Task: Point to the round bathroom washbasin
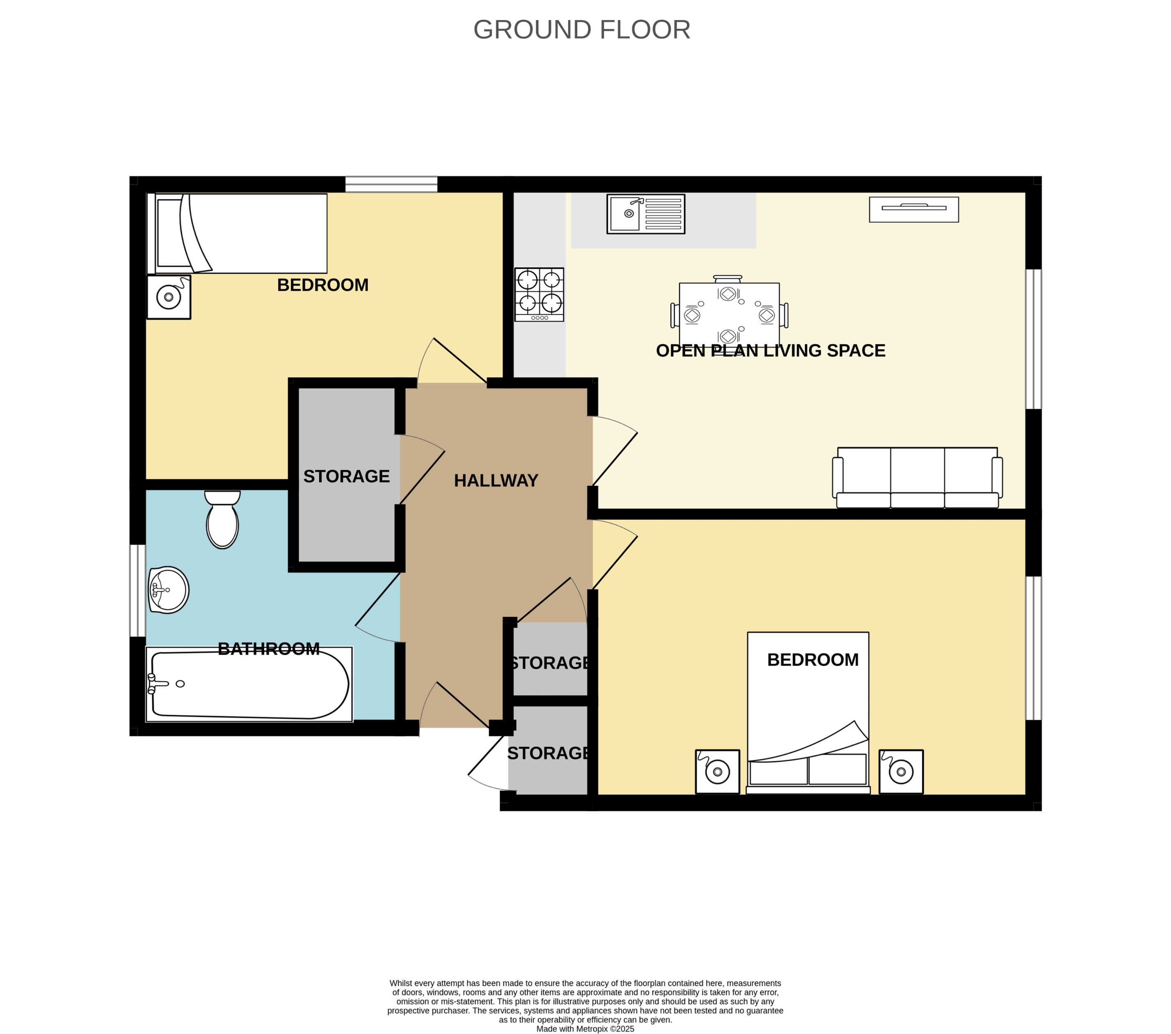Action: click(169, 590)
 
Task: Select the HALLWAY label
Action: click(496, 480)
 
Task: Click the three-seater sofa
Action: click(917, 478)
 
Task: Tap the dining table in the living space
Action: click(728, 313)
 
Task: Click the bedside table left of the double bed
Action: click(717, 772)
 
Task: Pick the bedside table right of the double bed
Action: click(901, 772)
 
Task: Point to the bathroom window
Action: click(137, 590)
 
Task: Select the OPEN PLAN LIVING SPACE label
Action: click(770, 350)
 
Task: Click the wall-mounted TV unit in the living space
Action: click(913, 209)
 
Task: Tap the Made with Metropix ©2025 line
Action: click(585, 1029)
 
